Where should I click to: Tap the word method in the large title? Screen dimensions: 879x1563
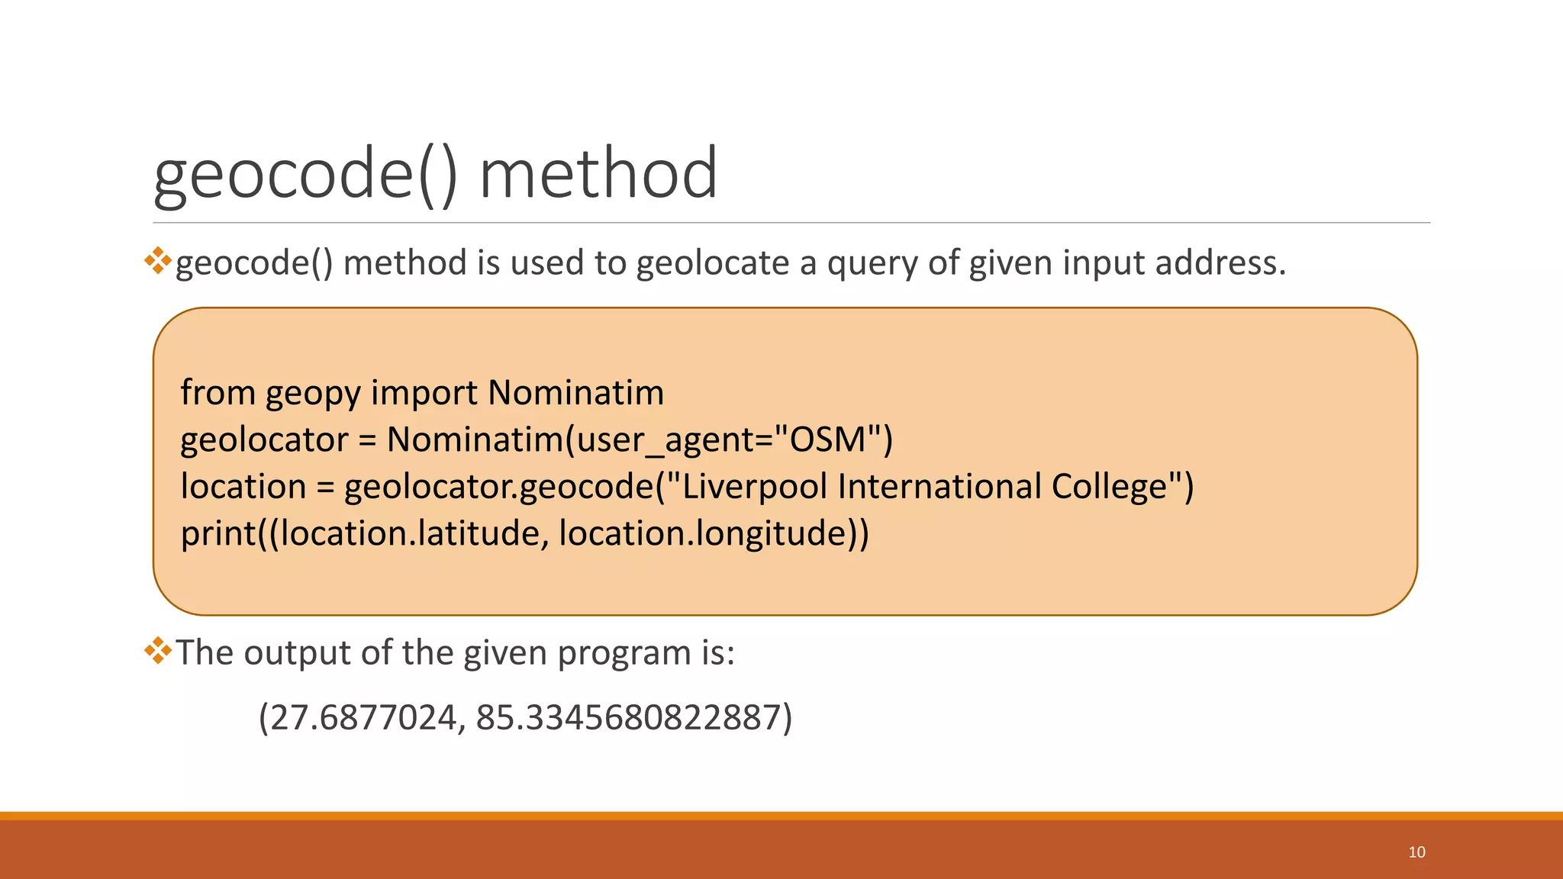(598, 174)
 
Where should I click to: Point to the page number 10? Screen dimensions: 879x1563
(1416, 852)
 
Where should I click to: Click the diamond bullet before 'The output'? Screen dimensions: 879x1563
(157, 650)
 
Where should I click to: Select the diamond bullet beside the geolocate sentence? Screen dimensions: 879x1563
(157, 260)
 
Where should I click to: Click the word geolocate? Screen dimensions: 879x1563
(713, 263)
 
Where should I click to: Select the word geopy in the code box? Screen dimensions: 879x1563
(313, 394)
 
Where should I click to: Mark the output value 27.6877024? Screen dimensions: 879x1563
(363, 717)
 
